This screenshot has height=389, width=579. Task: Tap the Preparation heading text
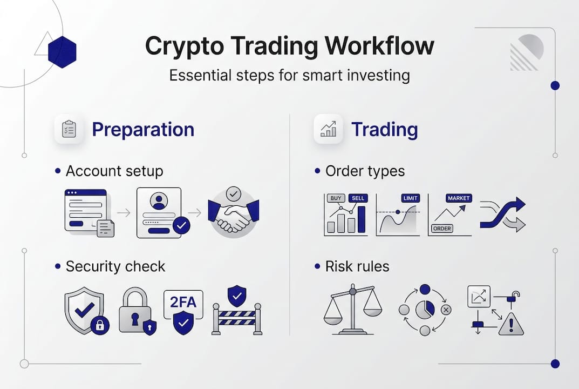tap(143, 130)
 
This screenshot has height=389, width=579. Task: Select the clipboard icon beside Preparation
tap(69, 129)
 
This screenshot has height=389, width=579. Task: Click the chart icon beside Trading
tap(328, 129)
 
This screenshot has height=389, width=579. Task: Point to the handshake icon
tap(234, 214)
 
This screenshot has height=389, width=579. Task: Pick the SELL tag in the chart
tap(358, 198)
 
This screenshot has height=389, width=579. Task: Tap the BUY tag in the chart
tap(335, 198)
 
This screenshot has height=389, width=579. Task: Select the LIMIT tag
tap(411, 198)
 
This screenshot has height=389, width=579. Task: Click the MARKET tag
tap(459, 198)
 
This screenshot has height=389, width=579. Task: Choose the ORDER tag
tap(442, 229)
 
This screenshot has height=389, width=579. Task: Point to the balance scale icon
tap(352, 310)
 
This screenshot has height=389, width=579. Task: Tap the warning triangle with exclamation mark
tap(510, 324)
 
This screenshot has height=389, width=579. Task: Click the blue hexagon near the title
tap(62, 52)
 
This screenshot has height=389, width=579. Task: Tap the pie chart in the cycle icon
tap(425, 310)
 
